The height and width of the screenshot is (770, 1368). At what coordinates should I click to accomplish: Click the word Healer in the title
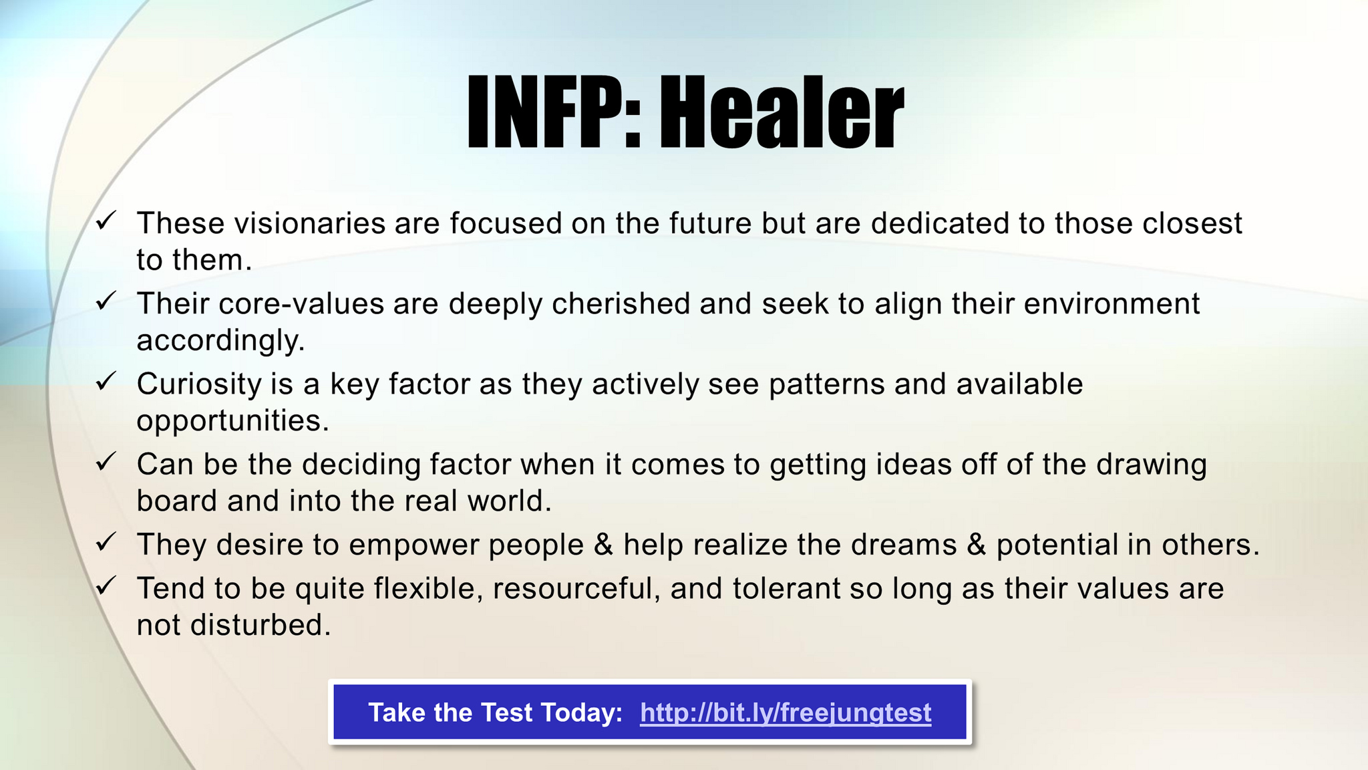point(782,111)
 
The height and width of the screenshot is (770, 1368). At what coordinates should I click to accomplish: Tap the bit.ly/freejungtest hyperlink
point(786,713)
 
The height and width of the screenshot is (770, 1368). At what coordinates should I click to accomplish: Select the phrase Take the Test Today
point(495,713)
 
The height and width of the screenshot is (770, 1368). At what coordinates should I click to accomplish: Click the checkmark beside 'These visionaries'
point(106,220)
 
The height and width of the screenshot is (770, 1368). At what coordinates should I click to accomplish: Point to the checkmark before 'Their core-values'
point(106,301)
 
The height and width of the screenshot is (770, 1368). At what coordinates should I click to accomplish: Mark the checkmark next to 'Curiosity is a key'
point(106,381)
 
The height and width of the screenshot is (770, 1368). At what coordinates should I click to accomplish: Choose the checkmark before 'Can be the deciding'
point(106,461)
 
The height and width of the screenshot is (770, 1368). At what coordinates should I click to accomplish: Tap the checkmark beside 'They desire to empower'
point(106,541)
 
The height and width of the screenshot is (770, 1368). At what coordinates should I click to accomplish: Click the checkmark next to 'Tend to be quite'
point(106,586)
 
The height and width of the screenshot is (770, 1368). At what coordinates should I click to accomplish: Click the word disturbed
point(261,625)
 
